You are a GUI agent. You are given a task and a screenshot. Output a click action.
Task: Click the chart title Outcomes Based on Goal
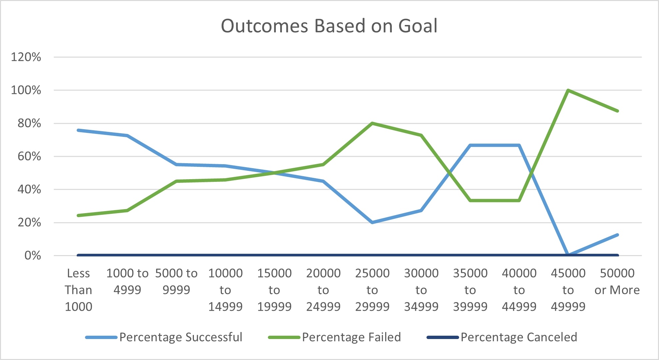click(329, 26)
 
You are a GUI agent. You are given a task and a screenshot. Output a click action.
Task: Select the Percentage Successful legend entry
click(181, 337)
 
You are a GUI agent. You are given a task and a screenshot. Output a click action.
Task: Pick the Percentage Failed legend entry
click(351, 337)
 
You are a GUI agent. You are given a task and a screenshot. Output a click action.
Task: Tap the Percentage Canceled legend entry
click(519, 337)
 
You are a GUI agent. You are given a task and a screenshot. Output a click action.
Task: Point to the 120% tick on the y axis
click(26, 57)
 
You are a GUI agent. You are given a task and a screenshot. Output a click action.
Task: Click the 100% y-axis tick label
click(26, 90)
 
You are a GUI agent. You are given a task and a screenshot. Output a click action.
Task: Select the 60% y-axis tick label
click(29, 156)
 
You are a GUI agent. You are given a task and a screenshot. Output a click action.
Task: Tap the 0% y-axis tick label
click(33, 255)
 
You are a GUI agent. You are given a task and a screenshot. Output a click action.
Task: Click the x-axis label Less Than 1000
click(78, 290)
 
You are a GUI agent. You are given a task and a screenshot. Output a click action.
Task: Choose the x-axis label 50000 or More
click(617, 281)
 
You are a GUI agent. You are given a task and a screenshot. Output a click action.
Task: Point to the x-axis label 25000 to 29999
click(372, 290)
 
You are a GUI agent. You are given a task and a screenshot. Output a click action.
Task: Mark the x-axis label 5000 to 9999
click(176, 281)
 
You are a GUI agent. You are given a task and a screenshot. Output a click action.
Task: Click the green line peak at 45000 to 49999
click(568, 90)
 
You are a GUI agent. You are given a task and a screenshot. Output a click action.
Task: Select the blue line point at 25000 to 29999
click(372, 222)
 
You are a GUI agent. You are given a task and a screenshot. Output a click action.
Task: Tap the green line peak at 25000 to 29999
click(372, 123)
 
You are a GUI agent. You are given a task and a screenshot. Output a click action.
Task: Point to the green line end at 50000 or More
click(617, 111)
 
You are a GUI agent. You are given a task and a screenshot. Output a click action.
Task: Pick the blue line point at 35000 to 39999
click(470, 146)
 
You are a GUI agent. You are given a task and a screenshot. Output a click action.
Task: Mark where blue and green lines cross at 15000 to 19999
click(274, 173)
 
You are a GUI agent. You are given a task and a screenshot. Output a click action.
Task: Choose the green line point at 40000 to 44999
click(519, 200)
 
